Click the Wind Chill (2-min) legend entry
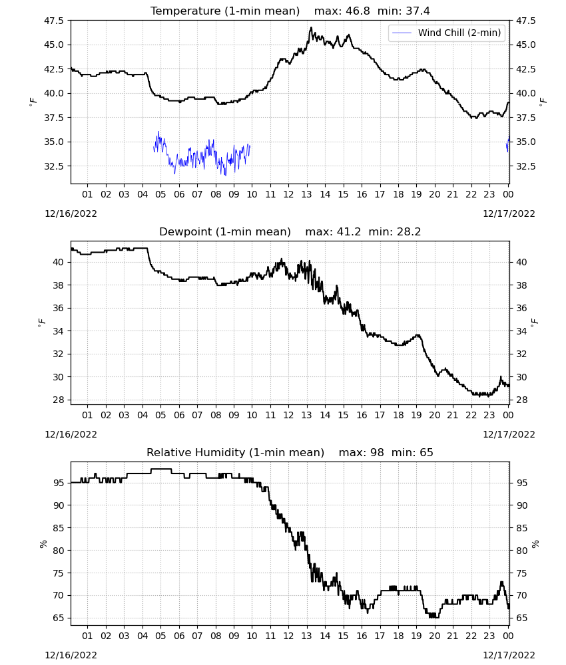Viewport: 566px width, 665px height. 447,33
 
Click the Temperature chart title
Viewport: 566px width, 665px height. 290,11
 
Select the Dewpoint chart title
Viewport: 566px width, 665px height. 290,231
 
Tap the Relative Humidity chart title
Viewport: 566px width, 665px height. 290,452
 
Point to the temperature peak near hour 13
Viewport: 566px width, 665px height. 311,27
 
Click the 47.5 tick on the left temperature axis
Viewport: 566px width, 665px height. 54,21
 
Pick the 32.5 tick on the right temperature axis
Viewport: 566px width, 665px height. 525,166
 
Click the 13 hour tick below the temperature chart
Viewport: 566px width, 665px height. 306,194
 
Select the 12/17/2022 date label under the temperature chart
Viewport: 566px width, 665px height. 509,213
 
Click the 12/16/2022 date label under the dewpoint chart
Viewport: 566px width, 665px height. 71,435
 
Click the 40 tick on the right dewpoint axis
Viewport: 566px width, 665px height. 521,262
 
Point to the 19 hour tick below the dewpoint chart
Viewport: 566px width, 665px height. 416,415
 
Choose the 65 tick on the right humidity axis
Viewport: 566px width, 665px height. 521,618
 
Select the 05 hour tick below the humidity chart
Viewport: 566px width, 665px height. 160,636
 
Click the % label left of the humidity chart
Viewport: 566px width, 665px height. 43,544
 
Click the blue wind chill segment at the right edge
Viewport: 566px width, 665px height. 508,144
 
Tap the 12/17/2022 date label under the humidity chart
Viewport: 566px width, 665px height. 509,655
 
